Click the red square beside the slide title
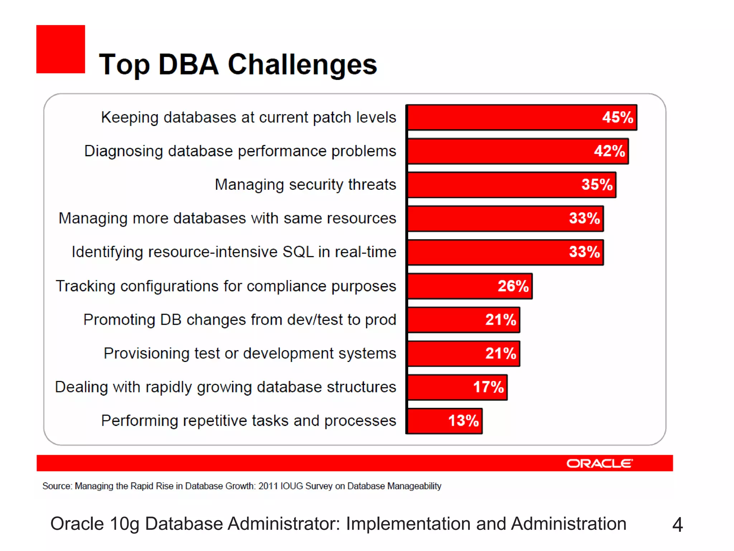61,49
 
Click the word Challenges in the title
302,65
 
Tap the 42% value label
609,151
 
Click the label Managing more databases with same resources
227,218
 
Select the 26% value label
513,286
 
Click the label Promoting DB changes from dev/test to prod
240,320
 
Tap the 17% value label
488,387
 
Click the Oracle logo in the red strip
600,463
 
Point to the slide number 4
677,525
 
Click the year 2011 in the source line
268,486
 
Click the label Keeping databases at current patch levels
248,118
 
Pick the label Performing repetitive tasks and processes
248,421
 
